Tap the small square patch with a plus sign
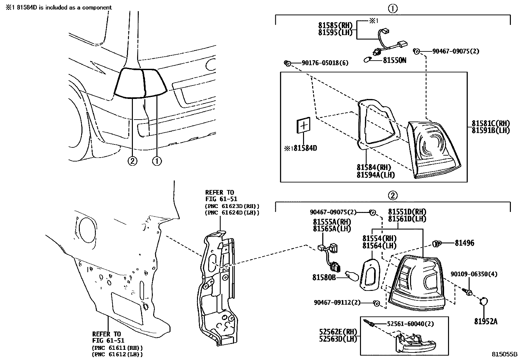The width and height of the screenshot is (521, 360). (303, 126)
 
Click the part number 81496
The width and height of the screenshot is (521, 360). (464, 243)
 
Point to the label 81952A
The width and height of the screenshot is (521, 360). (486, 321)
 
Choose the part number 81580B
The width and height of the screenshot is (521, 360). (324, 277)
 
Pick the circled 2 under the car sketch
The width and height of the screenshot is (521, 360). (132, 161)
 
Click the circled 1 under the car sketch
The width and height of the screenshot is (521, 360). (157, 161)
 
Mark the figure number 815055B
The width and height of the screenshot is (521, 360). (504, 354)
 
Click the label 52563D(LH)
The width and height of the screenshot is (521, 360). (338, 339)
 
